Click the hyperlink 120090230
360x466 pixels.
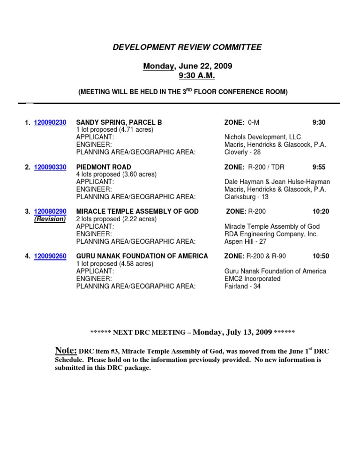tap(50, 122)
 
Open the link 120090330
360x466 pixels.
tap(50, 167)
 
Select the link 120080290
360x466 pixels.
tap(50, 211)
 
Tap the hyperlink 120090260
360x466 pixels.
tap(50, 256)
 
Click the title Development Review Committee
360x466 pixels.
tap(187, 47)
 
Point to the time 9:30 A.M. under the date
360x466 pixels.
tap(197, 75)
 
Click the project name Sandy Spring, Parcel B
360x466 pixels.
tap(119, 122)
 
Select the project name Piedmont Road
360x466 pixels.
tap(104, 167)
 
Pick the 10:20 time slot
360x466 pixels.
tap(321, 211)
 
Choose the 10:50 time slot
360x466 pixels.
tap(321, 256)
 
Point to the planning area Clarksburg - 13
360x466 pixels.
tap(247, 197)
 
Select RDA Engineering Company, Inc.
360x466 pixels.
tap(271, 234)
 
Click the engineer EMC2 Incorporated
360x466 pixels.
tap(253, 278)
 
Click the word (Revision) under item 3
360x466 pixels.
tap(50, 219)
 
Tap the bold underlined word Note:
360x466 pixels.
tap(66, 350)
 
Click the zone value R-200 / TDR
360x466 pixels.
tap(266, 167)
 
